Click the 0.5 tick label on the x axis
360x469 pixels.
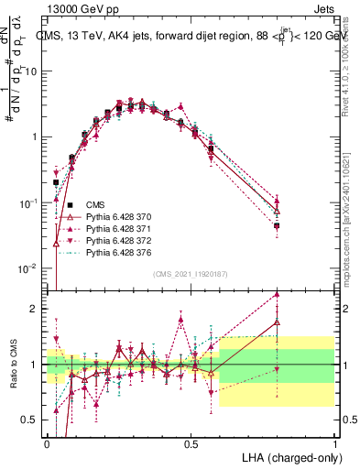(191, 442)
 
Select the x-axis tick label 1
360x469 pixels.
(335, 442)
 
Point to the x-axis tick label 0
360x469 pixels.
(48, 442)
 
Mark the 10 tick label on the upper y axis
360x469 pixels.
(32, 71)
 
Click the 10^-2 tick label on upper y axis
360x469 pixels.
(30, 268)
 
